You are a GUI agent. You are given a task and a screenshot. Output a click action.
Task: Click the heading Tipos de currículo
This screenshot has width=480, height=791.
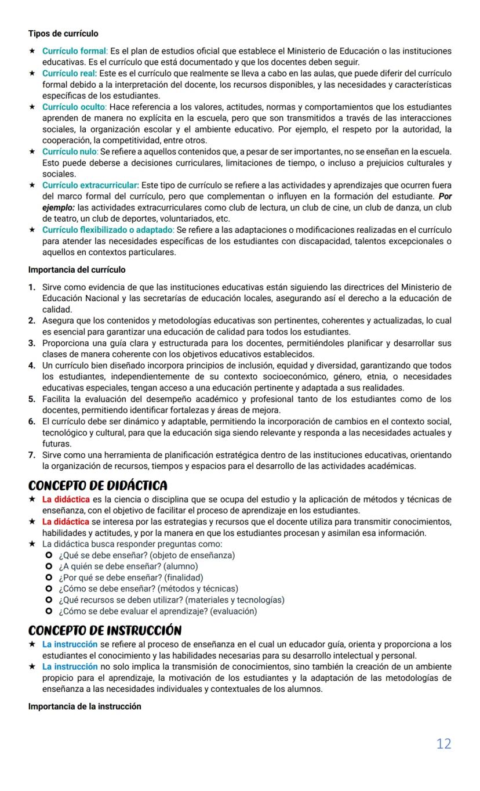tap(63, 34)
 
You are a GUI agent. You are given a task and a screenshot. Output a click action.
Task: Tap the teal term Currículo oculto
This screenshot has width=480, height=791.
tap(74, 107)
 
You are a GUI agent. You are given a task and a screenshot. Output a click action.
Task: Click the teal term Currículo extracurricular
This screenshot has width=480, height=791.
tap(90, 186)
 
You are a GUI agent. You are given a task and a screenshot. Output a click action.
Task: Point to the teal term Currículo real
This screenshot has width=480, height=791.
tap(70, 74)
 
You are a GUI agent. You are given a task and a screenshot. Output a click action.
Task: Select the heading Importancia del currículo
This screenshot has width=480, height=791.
tap(77, 270)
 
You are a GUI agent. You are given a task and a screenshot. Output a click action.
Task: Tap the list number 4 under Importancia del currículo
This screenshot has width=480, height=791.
tap(32, 366)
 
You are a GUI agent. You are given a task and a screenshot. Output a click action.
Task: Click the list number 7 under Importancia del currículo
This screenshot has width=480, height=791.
tap(32, 455)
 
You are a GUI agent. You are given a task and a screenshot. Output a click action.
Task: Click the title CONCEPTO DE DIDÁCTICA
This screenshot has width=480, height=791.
tap(98, 485)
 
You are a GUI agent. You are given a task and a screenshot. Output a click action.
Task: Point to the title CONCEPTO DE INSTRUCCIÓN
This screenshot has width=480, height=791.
tap(105, 630)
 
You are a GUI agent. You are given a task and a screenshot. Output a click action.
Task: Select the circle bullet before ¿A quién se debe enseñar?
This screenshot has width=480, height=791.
tap(49, 566)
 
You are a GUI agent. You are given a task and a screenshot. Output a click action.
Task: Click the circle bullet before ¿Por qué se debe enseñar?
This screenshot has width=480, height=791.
tap(49, 577)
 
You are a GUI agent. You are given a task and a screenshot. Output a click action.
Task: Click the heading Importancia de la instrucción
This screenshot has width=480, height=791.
tap(85, 706)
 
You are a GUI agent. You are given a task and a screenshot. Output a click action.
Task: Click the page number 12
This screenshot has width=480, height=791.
tap(443, 744)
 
